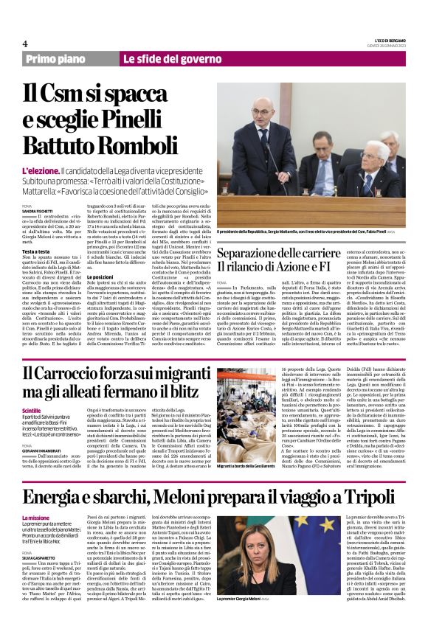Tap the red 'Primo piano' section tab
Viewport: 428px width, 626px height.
[x=68, y=59]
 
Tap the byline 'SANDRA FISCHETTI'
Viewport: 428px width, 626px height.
[x=38, y=209]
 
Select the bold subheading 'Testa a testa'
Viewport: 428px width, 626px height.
[x=35, y=251]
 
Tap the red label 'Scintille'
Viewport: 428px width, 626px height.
[x=32, y=410]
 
